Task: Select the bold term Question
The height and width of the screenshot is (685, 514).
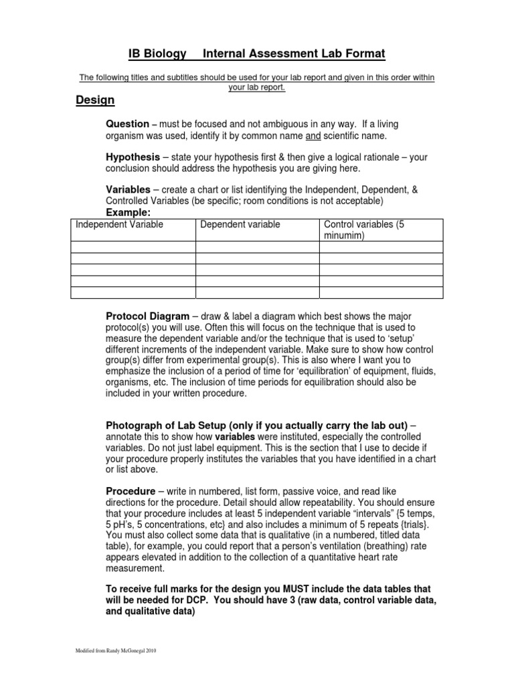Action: coord(127,124)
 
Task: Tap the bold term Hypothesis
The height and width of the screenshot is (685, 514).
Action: coord(133,157)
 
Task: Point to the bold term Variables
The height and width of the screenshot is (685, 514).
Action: coord(128,190)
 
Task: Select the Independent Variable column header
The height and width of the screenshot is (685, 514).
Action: coord(119,225)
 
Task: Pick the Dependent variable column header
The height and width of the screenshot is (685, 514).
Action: coord(240,225)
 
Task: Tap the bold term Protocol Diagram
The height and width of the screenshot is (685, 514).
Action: coord(147,316)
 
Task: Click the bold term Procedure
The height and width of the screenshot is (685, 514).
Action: coord(131,491)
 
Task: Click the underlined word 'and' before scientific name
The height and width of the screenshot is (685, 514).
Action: coord(313,136)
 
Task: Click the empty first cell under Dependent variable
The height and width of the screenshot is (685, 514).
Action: coord(257,248)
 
